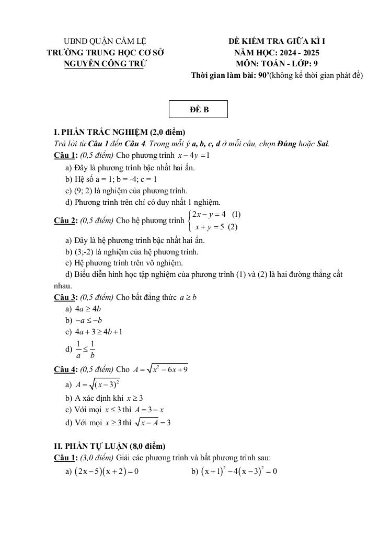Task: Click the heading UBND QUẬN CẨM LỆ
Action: [105, 41]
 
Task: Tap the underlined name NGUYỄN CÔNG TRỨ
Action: [105, 64]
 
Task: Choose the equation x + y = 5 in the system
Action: [209, 227]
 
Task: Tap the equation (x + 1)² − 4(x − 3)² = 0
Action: [238, 471]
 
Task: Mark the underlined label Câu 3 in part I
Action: [65, 297]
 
